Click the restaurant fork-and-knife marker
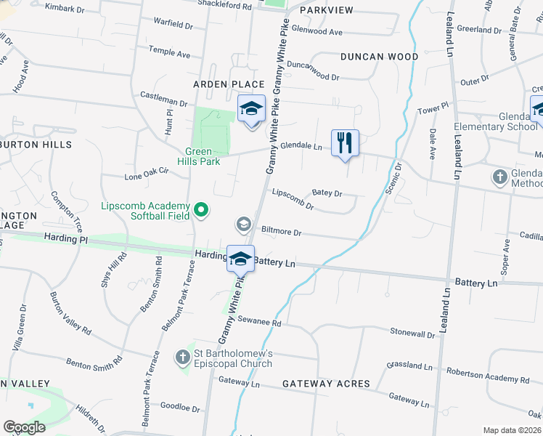346,142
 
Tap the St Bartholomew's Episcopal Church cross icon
182,358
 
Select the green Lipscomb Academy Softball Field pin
202,211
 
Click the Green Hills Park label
197,156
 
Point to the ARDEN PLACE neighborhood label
229,85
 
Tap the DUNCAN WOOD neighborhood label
379,57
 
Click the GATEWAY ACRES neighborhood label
326,384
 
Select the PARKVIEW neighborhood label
326,10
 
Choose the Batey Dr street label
327,193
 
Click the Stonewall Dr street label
412,333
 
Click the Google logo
24,427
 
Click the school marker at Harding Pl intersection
240,258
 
